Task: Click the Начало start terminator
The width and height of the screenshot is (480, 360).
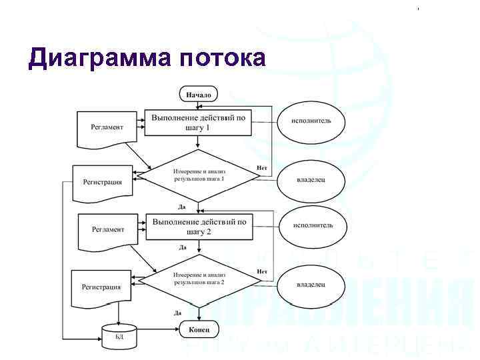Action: [199, 95]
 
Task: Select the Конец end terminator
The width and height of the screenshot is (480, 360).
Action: [199, 329]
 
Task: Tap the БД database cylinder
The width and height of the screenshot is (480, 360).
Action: [119, 335]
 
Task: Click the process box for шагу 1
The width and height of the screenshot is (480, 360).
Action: [198, 122]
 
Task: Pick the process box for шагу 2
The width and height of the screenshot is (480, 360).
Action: [199, 227]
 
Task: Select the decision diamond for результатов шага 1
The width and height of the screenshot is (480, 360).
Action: [199, 176]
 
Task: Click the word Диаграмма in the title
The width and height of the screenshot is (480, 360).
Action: [100, 58]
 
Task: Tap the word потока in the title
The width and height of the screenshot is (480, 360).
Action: [223, 58]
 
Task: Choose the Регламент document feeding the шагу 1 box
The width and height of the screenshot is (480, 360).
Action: [107, 129]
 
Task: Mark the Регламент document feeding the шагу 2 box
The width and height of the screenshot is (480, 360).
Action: [107, 230]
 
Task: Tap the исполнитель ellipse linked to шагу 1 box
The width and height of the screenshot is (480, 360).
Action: [311, 122]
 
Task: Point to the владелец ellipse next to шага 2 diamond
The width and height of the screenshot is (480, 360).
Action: [311, 284]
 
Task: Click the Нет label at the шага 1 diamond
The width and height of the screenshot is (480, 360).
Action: [263, 167]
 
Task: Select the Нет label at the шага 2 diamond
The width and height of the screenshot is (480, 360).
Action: [262, 271]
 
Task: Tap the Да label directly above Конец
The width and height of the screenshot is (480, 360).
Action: [178, 313]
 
